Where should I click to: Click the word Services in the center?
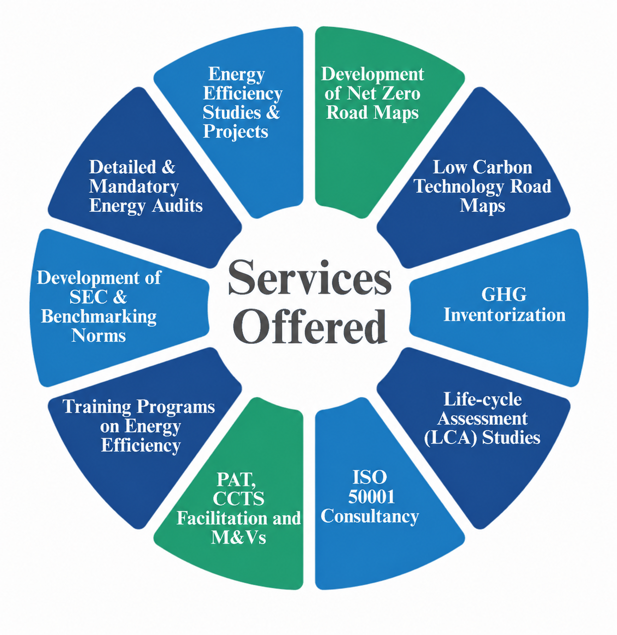click(x=310, y=278)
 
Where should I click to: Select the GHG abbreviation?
click(x=504, y=295)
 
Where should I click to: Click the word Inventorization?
click(x=504, y=315)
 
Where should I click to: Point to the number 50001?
click(x=371, y=497)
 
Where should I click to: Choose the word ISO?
click(x=370, y=477)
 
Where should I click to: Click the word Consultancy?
click(x=370, y=517)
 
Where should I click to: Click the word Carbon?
click(x=503, y=167)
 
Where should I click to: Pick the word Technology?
click(x=460, y=187)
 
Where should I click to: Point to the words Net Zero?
click(x=384, y=94)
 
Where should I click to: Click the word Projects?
click(x=235, y=132)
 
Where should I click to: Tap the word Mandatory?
click(x=134, y=187)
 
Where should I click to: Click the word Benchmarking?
click(x=99, y=317)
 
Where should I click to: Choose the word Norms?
click(x=98, y=335)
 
